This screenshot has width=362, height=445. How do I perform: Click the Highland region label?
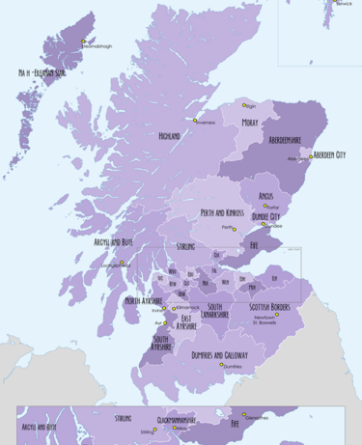click(169, 137)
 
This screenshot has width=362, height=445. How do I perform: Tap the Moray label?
click(250, 124)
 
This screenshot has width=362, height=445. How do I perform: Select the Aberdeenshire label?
click(285, 140)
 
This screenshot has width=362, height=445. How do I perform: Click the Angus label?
click(266, 196)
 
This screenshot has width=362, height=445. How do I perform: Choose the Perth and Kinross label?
click(222, 213)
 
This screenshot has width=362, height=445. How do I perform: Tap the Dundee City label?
click(265, 217)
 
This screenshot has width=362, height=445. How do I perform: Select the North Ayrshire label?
click(145, 301)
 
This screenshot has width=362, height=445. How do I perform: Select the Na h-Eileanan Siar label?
click(42, 73)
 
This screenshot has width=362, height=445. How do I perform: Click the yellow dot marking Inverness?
click(196, 121)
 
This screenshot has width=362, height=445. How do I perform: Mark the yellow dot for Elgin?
click(243, 105)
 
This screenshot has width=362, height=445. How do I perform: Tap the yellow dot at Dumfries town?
click(222, 365)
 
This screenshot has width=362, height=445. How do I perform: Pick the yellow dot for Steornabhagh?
click(84, 42)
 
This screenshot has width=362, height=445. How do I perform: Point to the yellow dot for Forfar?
click(264, 205)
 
